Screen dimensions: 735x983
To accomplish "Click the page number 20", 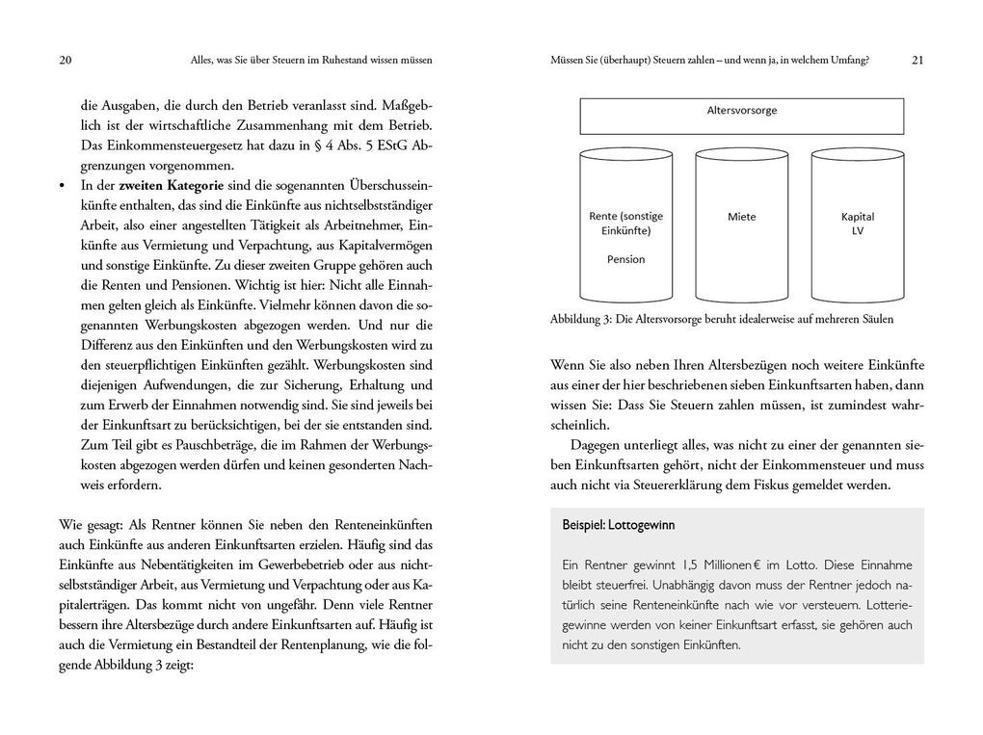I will (65, 60).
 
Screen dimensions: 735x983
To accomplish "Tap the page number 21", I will (917, 60).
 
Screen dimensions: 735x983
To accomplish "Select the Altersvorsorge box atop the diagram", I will (741, 116).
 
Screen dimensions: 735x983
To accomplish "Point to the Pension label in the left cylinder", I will (626, 259).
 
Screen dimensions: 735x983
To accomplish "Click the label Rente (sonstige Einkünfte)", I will (626, 223).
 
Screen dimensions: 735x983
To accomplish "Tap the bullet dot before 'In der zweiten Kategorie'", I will (63, 185).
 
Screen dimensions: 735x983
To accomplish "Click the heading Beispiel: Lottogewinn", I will (618, 525).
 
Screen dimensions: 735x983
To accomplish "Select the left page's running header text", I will (311, 60).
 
